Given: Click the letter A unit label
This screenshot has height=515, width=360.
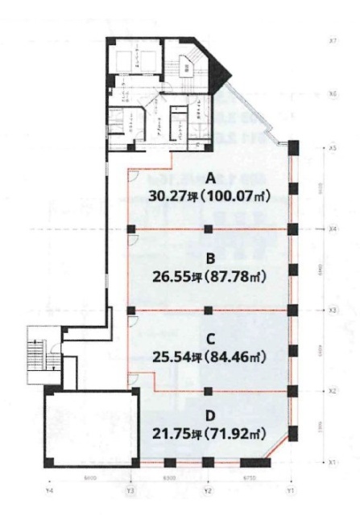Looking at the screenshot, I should (209, 176).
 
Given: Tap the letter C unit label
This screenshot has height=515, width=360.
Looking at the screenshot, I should (209, 340).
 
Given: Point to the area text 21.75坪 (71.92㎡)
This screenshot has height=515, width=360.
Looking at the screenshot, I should (209, 435).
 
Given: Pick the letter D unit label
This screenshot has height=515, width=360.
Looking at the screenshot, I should (209, 417).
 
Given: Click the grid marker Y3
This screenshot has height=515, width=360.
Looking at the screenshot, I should (129, 489).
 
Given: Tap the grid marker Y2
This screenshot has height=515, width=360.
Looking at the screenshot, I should (208, 489).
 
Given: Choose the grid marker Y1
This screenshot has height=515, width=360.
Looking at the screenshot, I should (292, 489).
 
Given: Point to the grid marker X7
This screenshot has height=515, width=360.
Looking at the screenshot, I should (333, 39).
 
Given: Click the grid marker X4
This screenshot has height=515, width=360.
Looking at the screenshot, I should (333, 229).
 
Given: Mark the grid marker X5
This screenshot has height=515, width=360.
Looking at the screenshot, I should (333, 149).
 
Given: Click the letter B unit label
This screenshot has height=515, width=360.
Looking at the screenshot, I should (209, 258).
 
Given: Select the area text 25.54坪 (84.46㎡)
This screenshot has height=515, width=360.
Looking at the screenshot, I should (209, 358).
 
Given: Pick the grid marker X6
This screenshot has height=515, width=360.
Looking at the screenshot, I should (333, 93).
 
